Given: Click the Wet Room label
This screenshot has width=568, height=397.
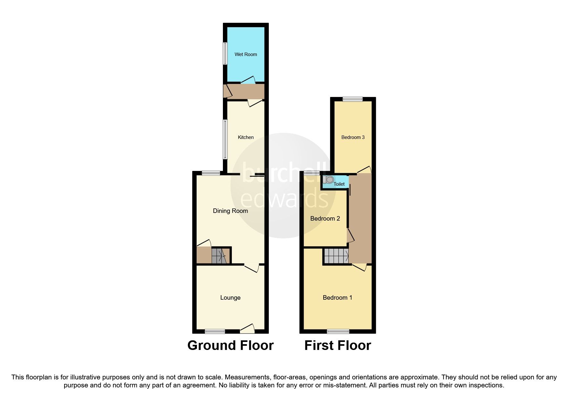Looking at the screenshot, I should pyautogui.click(x=246, y=54).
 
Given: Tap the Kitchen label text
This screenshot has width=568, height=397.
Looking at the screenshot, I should pyautogui.click(x=246, y=137).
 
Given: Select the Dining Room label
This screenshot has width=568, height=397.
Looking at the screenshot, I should pyautogui.click(x=230, y=211).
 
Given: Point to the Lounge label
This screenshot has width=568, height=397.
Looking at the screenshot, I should pyautogui.click(x=230, y=298).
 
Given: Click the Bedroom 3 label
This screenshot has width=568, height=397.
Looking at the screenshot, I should pyautogui.click(x=353, y=137).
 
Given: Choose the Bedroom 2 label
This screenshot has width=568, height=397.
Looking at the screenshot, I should pyautogui.click(x=325, y=219).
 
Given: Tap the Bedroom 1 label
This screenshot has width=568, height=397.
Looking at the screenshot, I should pyautogui.click(x=337, y=298).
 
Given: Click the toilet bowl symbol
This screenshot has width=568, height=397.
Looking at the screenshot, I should pyautogui.click(x=329, y=180).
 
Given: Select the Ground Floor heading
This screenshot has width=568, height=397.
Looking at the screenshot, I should pyautogui.click(x=230, y=345).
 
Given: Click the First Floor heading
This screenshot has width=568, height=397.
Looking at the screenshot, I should pyautogui.click(x=337, y=345).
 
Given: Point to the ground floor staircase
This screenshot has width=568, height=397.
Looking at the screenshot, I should pyautogui.click(x=219, y=256).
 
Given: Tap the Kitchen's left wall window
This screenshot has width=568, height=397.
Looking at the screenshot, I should pyautogui.click(x=225, y=139).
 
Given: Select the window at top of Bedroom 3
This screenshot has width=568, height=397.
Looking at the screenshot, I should pyautogui.click(x=352, y=99).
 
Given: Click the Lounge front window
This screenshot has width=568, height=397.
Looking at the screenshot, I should pyautogui.click(x=215, y=331).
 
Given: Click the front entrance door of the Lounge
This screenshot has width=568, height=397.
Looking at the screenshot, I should pyautogui.click(x=248, y=328).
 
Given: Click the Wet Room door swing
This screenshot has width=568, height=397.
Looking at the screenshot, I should pyautogui.click(x=248, y=80).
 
